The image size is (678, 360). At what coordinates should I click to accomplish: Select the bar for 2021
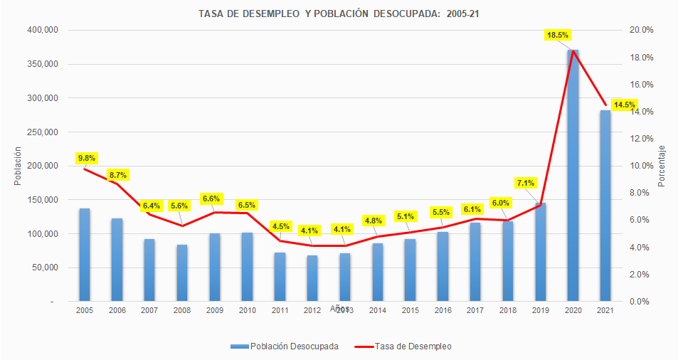605,206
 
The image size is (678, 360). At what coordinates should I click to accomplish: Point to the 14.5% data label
625,105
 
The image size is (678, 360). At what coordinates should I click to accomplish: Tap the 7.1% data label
526,183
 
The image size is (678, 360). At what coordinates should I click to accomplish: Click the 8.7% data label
118,174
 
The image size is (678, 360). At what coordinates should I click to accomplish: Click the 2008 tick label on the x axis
182,311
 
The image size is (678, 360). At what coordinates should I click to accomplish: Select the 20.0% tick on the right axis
642,30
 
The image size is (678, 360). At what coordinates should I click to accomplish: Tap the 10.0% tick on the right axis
642,166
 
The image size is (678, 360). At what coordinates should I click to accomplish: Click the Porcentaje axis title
662,166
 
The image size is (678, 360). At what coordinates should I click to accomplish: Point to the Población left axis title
17,166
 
